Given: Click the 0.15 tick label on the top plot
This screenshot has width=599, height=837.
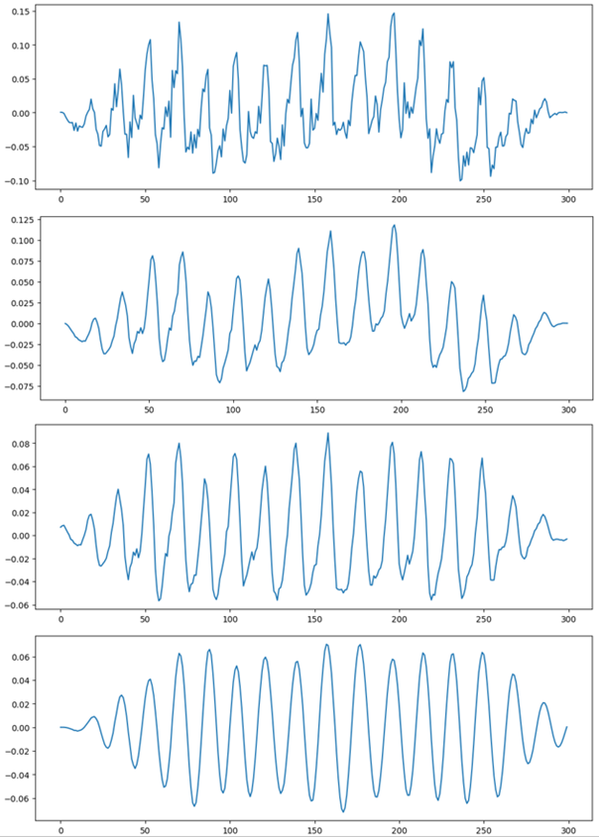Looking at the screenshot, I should point(19,12).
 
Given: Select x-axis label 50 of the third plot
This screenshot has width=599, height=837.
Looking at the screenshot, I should point(146,620).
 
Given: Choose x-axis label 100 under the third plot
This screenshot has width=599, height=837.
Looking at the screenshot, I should point(231,620).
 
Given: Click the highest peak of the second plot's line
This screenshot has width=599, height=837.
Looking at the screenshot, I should point(395,225).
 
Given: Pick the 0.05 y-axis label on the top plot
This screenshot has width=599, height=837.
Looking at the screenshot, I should point(19,79).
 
